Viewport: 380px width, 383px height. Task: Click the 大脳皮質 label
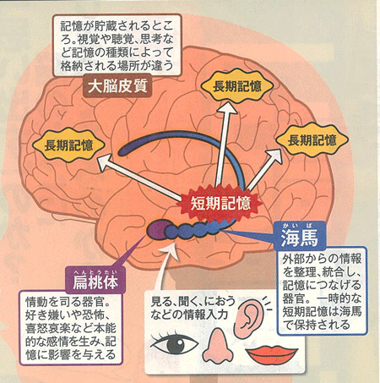click(x=117, y=86)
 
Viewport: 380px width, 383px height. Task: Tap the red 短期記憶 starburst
click(x=220, y=203)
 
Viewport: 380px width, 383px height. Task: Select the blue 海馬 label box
click(x=300, y=236)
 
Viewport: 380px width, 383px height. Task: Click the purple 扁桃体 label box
click(x=95, y=280)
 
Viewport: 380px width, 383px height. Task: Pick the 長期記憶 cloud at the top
click(x=237, y=86)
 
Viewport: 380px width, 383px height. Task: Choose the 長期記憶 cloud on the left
click(x=68, y=145)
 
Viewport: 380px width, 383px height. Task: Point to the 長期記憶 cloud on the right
click(x=312, y=140)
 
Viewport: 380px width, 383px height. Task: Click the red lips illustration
click(x=271, y=354)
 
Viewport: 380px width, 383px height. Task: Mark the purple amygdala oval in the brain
click(x=157, y=230)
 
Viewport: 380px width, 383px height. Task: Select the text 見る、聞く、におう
click(x=193, y=301)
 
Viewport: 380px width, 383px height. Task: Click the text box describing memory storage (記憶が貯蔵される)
click(x=117, y=46)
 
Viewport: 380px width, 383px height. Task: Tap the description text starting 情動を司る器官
click(x=71, y=328)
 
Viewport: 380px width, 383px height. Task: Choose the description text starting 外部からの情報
click(x=322, y=292)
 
